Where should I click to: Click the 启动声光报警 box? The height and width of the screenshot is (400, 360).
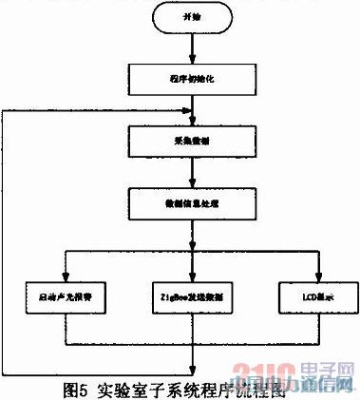63,296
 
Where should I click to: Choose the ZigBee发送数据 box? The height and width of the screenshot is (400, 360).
195,296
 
